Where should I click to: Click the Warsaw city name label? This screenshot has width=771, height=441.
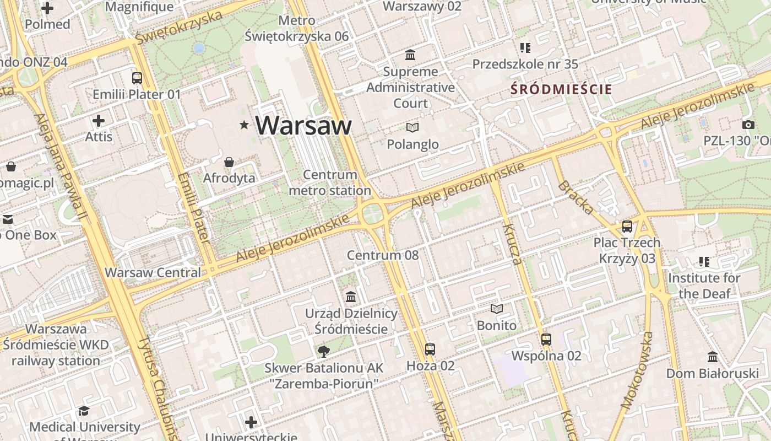pos(303,125)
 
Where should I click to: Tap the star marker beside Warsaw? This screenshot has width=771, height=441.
pos(244,125)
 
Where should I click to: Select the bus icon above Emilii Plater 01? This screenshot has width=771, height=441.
pos(137,78)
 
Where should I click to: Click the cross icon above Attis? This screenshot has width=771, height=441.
pos(99,120)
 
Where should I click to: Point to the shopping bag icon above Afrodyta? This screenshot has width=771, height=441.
pos(229,162)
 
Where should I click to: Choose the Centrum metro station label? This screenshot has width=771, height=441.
pos(330,182)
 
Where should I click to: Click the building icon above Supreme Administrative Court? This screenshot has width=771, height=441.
pos(410,55)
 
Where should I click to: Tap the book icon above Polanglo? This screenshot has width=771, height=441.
pos(412,128)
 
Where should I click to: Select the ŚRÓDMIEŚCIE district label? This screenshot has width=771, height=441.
pos(561,89)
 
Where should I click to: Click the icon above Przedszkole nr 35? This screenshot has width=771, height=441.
pos(525,48)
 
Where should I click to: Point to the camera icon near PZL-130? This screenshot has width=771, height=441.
pos(748,125)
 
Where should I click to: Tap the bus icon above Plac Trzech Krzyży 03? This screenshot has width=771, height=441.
pos(627,226)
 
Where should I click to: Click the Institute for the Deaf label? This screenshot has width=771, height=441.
pos(704,286)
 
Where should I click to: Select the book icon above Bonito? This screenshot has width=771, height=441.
pos(497,309)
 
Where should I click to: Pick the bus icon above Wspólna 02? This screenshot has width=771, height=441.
pos(546,340)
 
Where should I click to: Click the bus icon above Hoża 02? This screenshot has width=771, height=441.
pos(430,349)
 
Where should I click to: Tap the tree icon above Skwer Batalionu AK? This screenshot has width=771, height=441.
pos(323,351)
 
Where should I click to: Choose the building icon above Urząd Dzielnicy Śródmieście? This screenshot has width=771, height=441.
pos(351,297)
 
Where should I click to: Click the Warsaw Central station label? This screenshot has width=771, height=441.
pos(153,272)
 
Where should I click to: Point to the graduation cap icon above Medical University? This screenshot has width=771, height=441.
pos(84,411)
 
